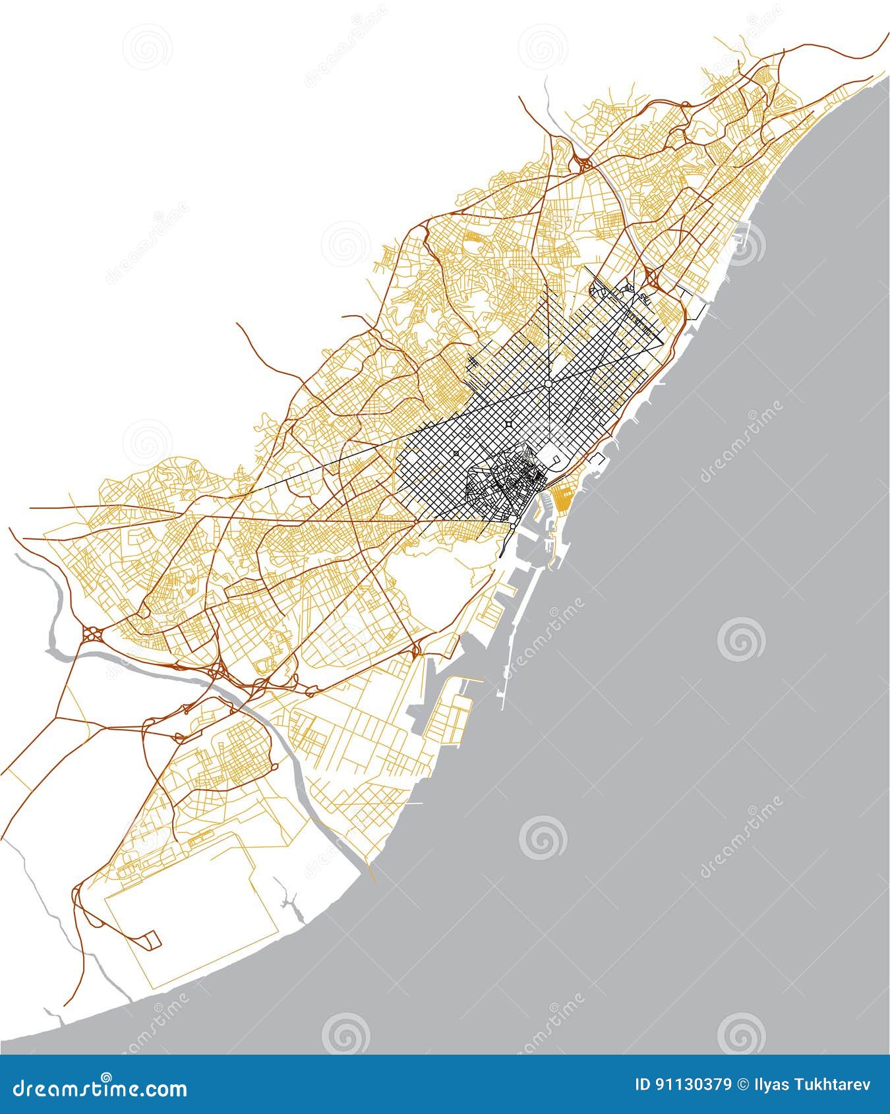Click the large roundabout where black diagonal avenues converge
(x=548, y=382)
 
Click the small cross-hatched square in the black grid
(x=456, y=454)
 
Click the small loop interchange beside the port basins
(x=416, y=651)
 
